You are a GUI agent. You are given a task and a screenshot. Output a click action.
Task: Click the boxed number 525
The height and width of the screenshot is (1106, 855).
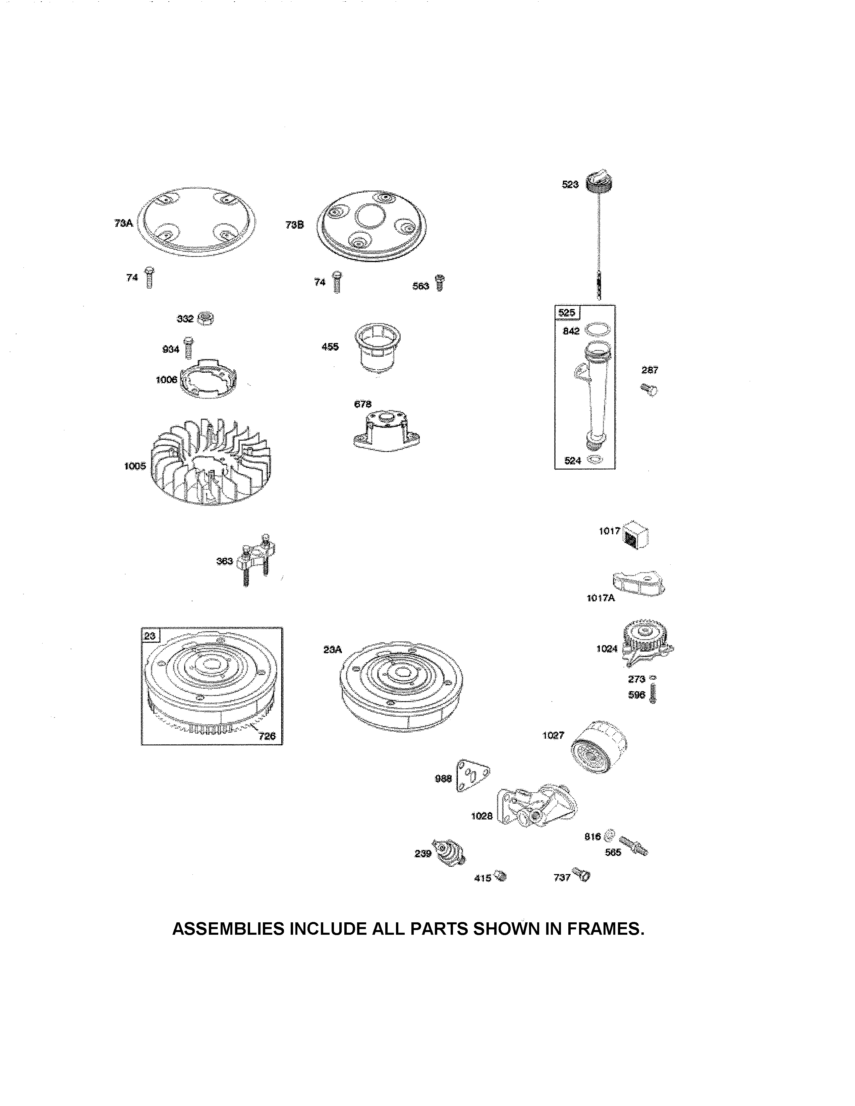(566, 312)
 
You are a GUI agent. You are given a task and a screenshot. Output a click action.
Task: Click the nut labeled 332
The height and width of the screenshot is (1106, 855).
(206, 318)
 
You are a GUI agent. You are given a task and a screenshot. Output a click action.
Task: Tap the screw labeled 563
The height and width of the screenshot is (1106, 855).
(440, 283)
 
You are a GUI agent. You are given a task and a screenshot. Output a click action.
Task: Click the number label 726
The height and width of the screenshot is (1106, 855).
(267, 736)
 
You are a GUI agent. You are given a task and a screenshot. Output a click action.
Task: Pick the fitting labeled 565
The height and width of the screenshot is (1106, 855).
(633, 845)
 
